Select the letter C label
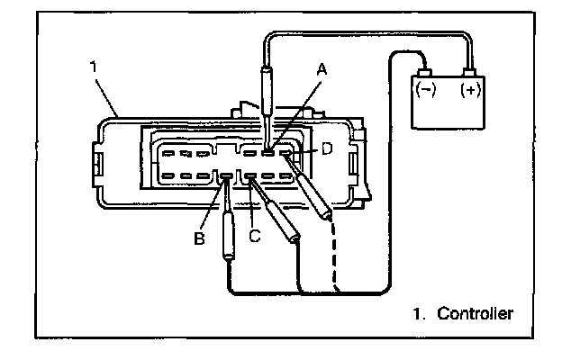point(254,236)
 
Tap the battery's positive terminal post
point(469,72)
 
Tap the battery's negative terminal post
point(423,72)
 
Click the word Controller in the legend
point(475,314)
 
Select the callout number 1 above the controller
point(94,67)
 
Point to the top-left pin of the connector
point(168,152)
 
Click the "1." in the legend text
point(418,314)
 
